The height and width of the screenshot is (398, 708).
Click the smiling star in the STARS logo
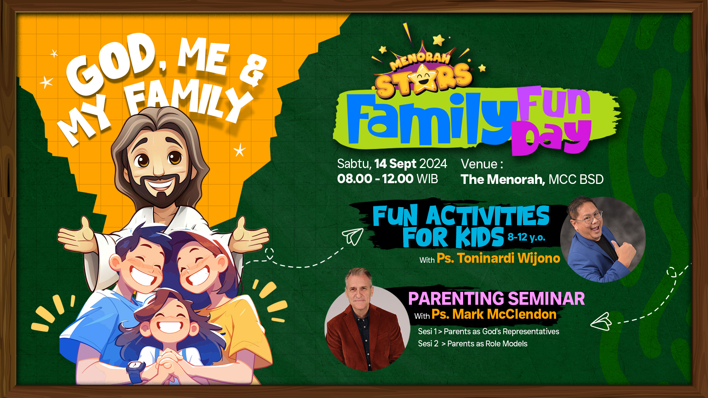pyautogui.click(x=423, y=78)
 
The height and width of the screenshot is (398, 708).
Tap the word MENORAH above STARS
pyautogui.click(x=420, y=61)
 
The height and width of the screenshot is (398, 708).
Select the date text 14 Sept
pyautogui.click(x=395, y=164)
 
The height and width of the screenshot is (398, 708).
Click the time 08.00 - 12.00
pyautogui.click(x=375, y=179)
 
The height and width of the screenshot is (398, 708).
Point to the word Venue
pyautogui.click(x=479, y=164)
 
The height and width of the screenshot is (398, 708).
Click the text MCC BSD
pyautogui.click(x=576, y=179)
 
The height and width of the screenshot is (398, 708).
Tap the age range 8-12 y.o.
pyautogui.click(x=526, y=237)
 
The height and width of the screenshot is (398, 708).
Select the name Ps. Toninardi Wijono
pyautogui.click(x=498, y=258)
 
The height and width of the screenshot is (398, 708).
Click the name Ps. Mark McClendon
pyautogui.click(x=494, y=314)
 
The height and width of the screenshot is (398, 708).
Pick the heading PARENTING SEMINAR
pyautogui.click(x=496, y=298)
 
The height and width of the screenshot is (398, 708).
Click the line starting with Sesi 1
pyautogui.click(x=488, y=331)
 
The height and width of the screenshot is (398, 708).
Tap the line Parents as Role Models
pyautogui.click(x=487, y=343)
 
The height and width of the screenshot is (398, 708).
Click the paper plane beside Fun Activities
pyautogui.click(x=353, y=236)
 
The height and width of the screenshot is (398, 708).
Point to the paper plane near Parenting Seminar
pyautogui.click(x=601, y=322)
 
